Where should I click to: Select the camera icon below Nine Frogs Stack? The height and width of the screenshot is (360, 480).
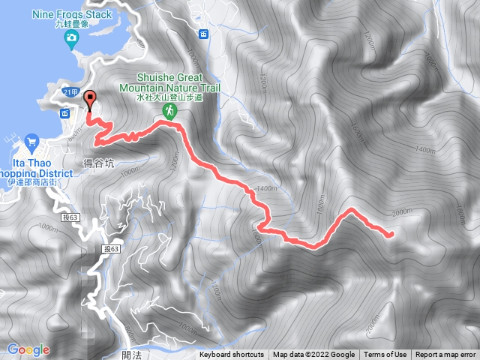point(71,38)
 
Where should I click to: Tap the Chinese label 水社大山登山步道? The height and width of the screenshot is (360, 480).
point(169,96)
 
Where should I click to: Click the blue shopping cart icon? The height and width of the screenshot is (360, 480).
point(31,140)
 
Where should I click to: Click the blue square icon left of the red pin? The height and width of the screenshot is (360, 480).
point(64,113)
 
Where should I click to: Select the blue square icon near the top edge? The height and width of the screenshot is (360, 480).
point(203,33)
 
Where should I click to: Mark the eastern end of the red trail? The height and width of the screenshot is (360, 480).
point(391,235)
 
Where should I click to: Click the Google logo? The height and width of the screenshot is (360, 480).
point(28,349)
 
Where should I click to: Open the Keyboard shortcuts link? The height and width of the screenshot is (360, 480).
point(232,355)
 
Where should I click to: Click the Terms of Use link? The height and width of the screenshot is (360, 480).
point(385,355)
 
